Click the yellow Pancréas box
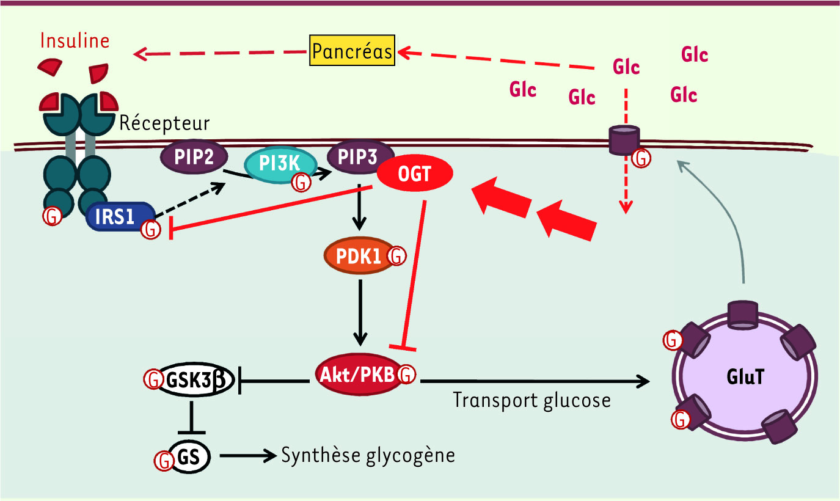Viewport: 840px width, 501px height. [352, 51]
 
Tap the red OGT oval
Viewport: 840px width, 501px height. [415, 175]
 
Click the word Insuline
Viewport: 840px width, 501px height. [75, 41]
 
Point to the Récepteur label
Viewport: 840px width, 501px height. [164, 123]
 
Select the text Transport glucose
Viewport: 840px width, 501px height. [531, 400]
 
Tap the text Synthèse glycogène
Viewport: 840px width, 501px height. [368, 456]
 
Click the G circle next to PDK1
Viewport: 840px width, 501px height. [397, 256]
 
